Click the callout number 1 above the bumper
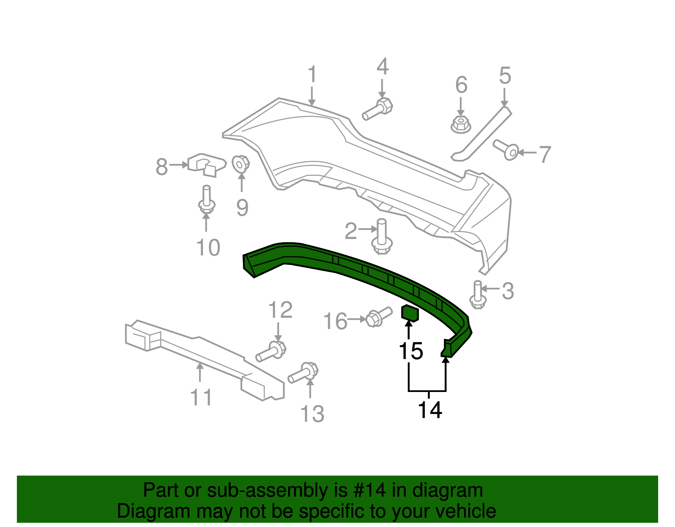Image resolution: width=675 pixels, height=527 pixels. pyautogui.click(x=312, y=75)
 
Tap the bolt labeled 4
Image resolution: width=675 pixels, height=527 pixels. pyautogui.click(x=378, y=109)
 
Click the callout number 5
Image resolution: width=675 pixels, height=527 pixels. pyautogui.click(x=505, y=76)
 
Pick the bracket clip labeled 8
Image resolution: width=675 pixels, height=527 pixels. pyautogui.click(x=206, y=164)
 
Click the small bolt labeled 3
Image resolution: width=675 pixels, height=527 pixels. pyautogui.click(x=478, y=295)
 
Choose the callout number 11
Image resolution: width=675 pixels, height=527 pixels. pyautogui.click(x=201, y=397)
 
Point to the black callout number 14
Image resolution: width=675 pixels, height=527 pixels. pyautogui.click(x=430, y=410)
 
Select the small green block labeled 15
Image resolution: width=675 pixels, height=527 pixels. pyautogui.click(x=410, y=313)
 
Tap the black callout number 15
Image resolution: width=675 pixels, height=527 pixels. pyautogui.click(x=410, y=351)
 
